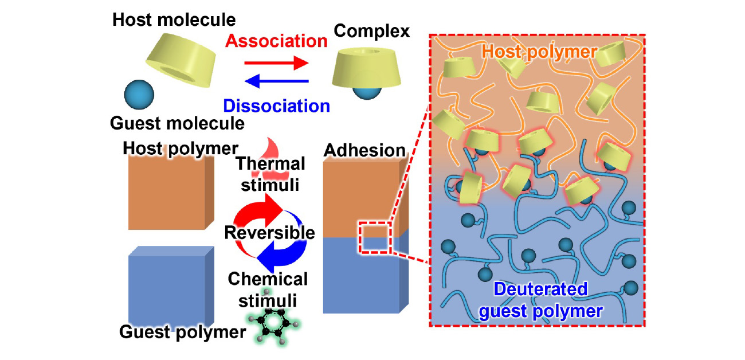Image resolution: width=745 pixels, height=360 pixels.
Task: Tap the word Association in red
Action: coord(276,41)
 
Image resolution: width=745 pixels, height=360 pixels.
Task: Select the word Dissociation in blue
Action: coord(276,105)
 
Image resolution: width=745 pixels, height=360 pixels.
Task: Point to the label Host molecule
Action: coord(174,19)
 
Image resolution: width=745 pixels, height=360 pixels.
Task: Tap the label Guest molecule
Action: coord(178,123)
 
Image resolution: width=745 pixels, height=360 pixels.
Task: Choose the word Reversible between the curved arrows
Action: coord(270,233)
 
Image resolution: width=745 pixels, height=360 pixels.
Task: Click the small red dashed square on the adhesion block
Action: coord(374,237)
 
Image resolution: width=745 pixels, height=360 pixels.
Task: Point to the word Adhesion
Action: coord(364,150)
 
